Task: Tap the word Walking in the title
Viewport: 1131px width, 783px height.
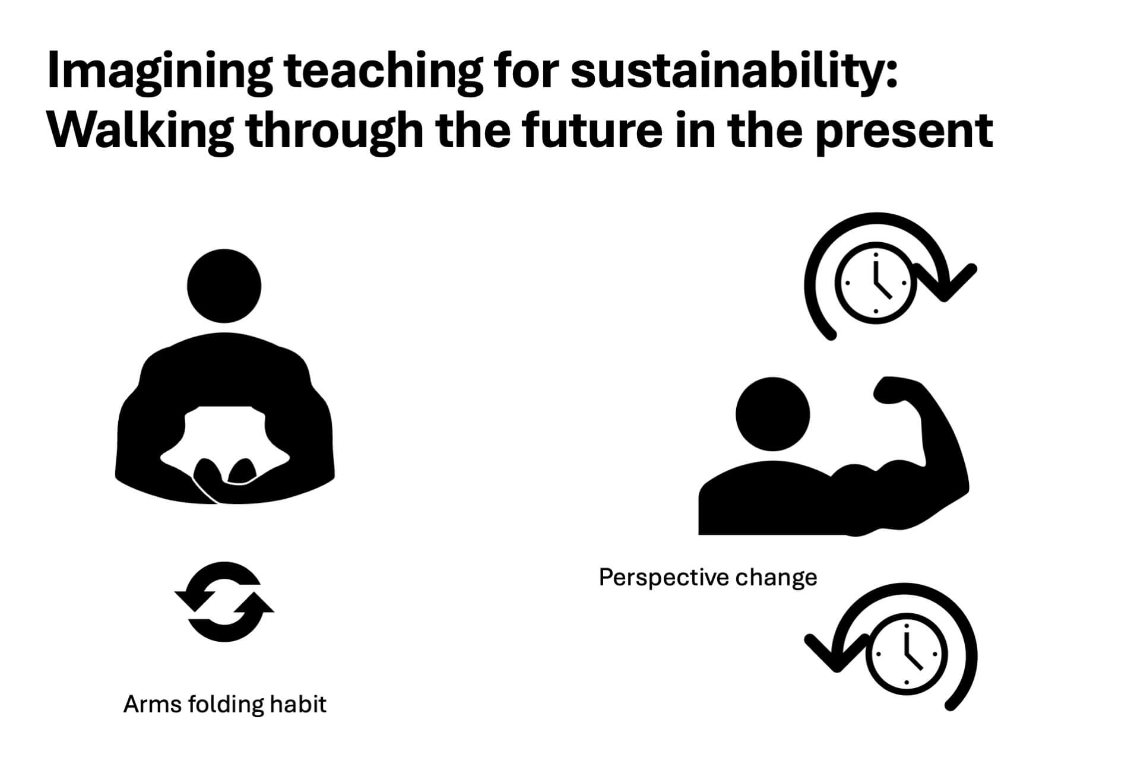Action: point(141,132)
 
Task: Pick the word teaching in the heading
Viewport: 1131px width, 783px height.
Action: point(383,72)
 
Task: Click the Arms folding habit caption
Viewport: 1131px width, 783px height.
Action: point(225,705)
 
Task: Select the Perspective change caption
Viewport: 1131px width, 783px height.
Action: point(708,577)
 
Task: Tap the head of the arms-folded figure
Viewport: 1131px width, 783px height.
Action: point(224,286)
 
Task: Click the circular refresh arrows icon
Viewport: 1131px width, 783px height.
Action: point(224,601)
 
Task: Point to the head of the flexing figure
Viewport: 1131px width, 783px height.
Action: point(772,414)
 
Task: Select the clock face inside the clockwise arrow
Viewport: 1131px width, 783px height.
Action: point(876,283)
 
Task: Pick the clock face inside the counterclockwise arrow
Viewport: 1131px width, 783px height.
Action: point(907,654)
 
